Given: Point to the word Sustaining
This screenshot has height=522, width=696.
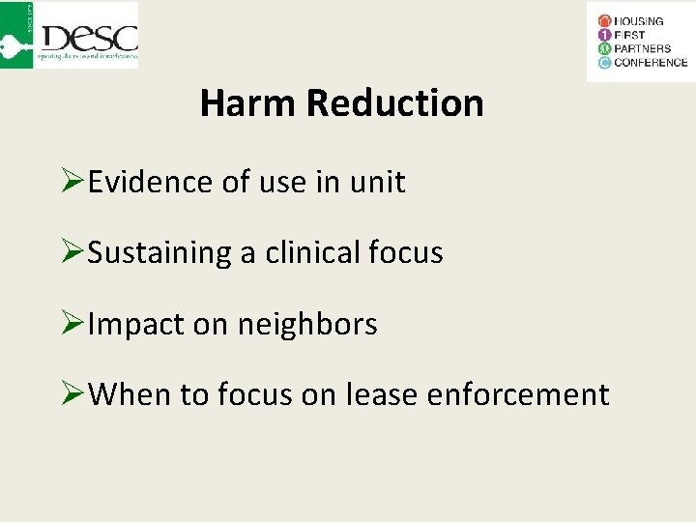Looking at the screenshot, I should click(159, 253).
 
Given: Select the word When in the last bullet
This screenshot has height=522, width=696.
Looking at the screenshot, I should click(128, 394).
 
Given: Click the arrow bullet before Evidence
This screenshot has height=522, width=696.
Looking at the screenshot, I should click(72, 182).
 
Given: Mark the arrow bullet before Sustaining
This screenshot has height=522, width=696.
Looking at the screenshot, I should click(72, 253).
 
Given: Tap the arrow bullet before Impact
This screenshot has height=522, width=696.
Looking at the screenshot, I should click(72, 324).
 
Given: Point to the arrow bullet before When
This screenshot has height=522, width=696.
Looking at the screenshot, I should click(72, 394).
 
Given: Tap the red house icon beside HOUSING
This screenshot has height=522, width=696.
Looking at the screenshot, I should click(604, 21).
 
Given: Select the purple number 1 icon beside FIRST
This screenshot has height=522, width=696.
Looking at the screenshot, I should click(604, 35).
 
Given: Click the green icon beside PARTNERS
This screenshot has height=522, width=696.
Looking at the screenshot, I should click(604, 49).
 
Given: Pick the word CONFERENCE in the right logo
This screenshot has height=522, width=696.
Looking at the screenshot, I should click(651, 63).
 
